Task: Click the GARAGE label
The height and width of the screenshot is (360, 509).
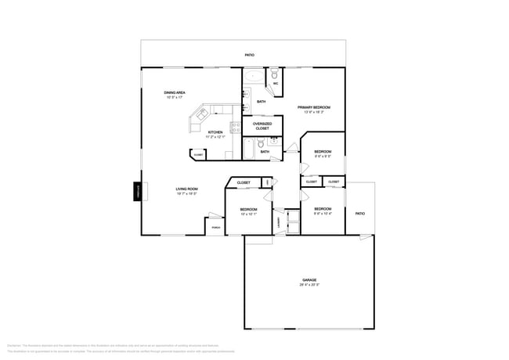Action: [309, 279]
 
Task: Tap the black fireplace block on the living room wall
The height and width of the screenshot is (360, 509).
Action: [137, 191]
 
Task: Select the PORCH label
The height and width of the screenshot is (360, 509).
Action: [215, 228]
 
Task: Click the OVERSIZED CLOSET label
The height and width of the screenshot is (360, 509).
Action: [262, 126]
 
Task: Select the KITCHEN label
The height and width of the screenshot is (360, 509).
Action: [215, 132]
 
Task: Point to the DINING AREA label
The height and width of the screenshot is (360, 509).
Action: [175, 93]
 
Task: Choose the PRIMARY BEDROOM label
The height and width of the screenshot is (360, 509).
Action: [313, 107]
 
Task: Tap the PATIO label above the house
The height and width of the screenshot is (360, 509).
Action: [249, 55]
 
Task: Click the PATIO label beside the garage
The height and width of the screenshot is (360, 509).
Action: [359, 214]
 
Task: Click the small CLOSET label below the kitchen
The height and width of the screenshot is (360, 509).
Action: [198, 155]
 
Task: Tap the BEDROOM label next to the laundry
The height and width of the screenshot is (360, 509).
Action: [248, 209]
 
